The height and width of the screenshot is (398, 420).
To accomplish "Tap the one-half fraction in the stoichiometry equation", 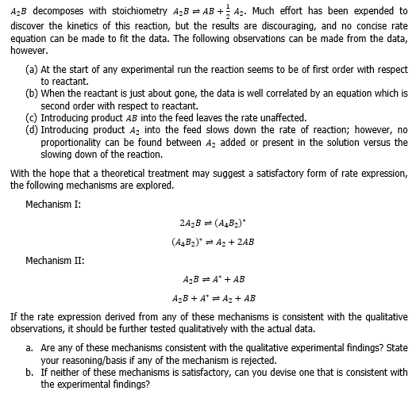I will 233,11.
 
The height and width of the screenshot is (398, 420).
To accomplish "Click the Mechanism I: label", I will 52,204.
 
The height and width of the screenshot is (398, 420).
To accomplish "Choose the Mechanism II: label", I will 54,259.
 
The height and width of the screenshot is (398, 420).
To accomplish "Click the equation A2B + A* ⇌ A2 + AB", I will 214,298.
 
